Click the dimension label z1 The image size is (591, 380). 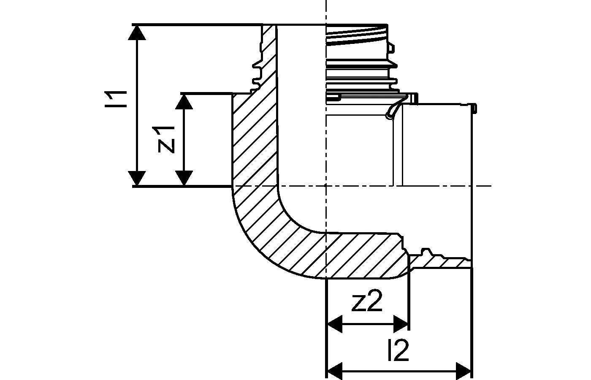coord(166,139)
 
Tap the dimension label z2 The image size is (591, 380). coord(367,302)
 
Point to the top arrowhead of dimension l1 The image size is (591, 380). coord(138,32)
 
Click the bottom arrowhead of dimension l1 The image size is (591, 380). coord(138,178)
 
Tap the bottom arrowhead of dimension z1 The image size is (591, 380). coord(184,178)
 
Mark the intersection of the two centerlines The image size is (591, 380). coord(326,185)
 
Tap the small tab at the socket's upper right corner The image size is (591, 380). coord(474,109)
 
